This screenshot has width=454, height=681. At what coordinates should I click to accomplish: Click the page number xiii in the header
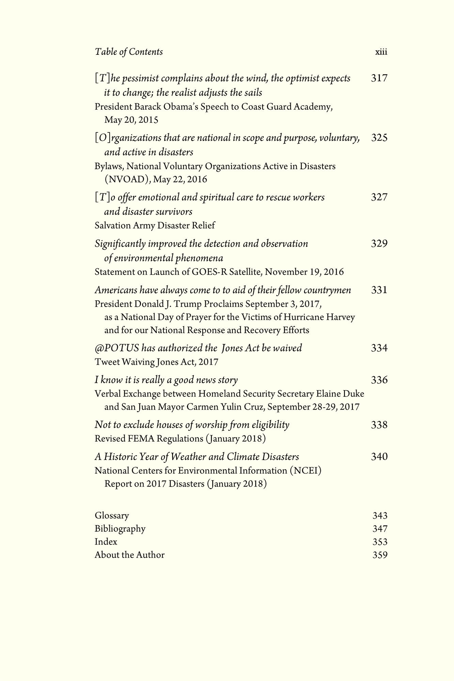point(381,52)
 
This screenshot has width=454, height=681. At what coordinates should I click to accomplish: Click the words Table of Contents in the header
point(129,52)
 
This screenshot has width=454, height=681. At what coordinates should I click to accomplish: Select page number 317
point(379,78)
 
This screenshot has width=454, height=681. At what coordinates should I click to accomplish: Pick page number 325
point(379,138)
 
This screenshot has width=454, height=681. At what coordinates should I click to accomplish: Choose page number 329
point(379,244)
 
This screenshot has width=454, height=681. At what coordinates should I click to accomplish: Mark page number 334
point(379,348)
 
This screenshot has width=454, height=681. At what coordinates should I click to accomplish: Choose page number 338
point(379,425)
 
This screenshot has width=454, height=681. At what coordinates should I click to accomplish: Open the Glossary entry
point(112,516)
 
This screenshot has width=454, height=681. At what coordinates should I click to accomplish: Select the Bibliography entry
point(120,529)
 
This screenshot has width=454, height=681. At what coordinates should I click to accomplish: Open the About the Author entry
point(129,555)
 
